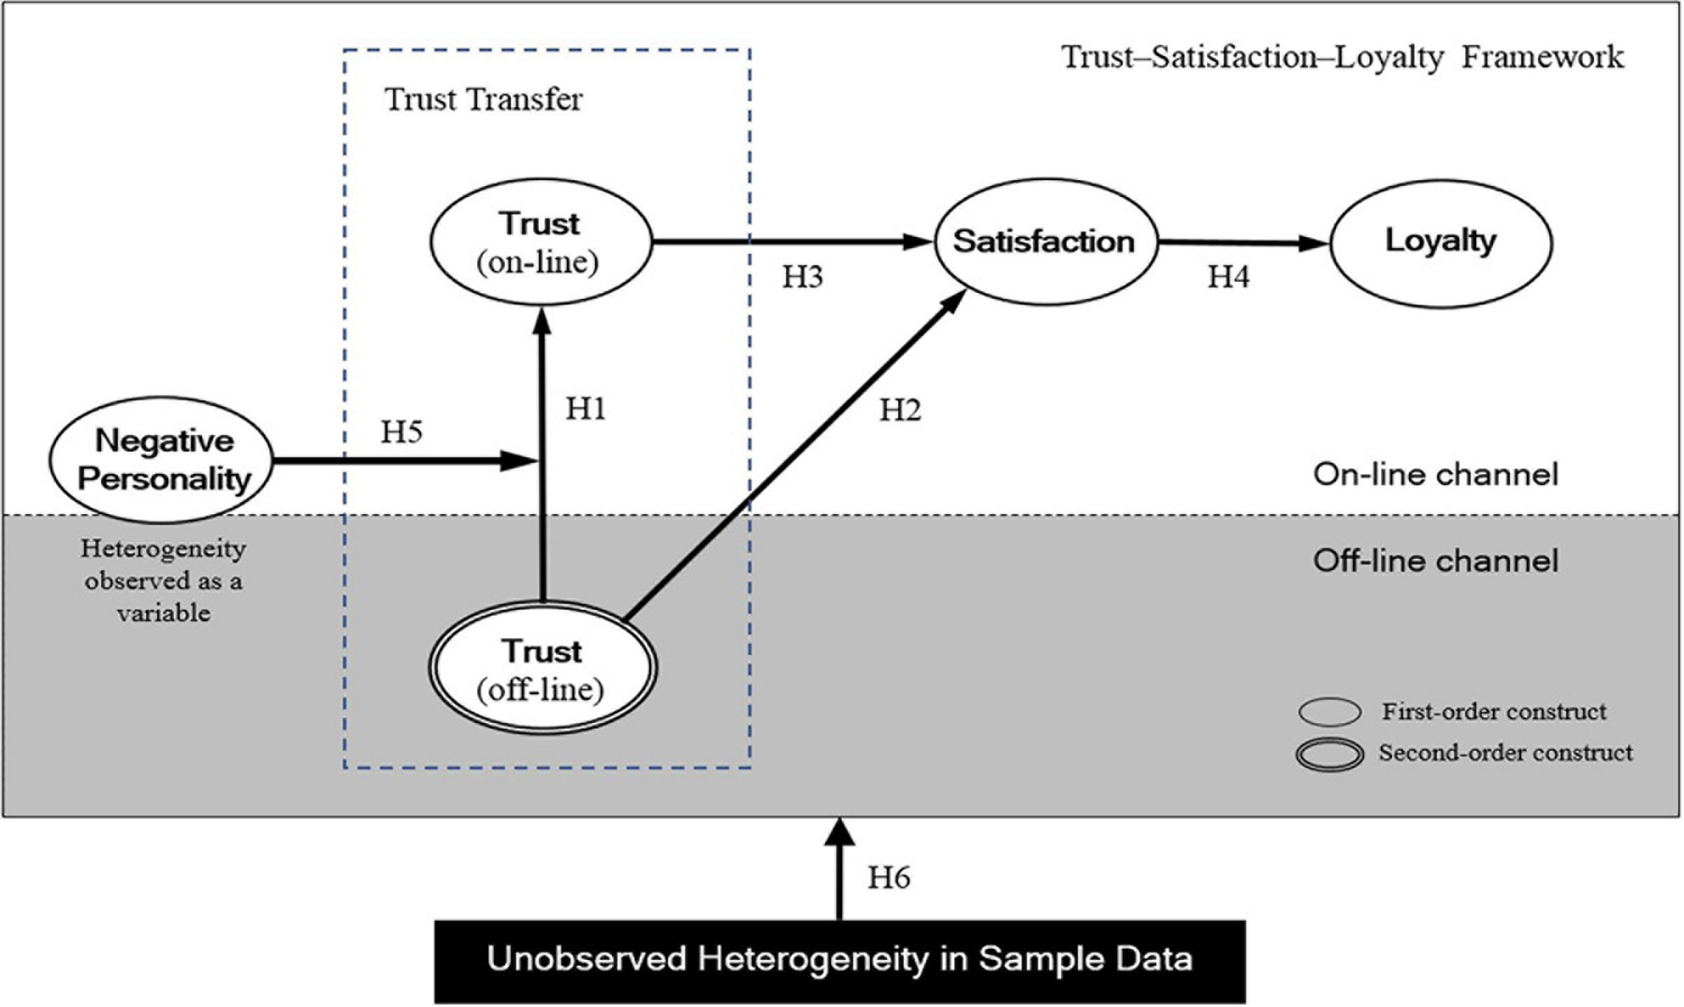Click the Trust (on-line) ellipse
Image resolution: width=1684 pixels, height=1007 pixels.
pos(540,242)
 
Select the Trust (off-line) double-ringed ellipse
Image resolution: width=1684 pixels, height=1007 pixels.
pos(542,668)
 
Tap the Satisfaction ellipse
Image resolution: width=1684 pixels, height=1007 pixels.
pos(1044,242)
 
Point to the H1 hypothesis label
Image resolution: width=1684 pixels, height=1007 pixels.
pos(586,408)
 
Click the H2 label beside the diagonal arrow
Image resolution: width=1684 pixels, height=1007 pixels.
pos(900,410)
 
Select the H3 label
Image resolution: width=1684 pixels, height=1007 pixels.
pos(802,277)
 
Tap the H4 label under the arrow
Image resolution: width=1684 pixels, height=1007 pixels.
pos(1228,277)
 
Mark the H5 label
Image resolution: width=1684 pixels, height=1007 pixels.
pos(401,432)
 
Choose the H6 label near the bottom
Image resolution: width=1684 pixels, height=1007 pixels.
pos(888,877)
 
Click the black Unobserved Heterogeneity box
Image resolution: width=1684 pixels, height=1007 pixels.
pos(839,961)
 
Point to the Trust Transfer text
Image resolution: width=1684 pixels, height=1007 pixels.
pos(483,99)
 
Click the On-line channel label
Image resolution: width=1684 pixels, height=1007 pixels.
pos(1436,475)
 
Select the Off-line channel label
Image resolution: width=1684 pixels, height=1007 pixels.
pos(1436,561)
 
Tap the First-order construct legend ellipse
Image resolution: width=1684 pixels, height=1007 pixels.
pos(1329,712)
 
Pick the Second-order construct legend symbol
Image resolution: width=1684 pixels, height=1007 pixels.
pos(1329,755)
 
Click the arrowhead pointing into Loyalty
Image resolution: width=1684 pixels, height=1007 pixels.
pos(1316,244)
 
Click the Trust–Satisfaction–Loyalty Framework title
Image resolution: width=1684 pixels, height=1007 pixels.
pos(1342,57)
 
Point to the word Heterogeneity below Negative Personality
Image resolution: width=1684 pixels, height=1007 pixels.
pos(163,548)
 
